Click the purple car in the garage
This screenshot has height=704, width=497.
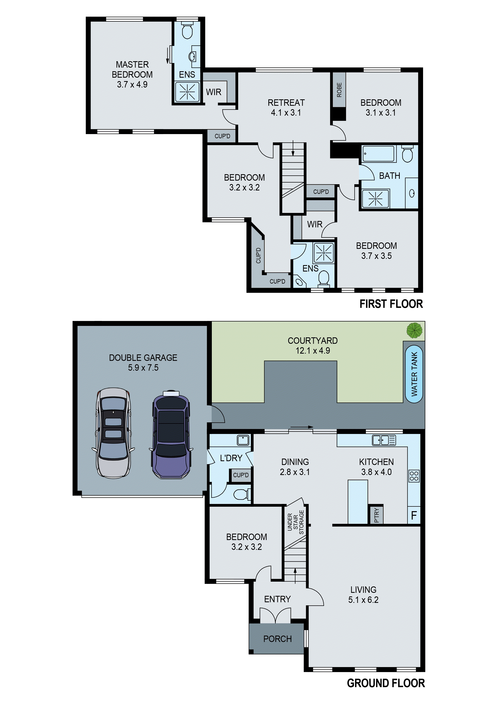pos(171,434)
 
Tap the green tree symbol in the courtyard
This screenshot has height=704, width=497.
pos(414,330)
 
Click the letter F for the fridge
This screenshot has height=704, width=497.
pos(414,515)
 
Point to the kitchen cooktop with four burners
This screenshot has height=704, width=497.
pos(414,476)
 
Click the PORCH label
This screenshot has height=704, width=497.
pos(277,639)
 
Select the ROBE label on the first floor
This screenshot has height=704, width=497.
pos(339,90)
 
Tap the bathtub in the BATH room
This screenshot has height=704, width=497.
pos(379,154)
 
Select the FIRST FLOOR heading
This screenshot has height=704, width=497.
pos(391,304)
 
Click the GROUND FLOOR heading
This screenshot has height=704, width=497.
pos(386,683)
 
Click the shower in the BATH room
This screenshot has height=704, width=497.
pos(375,198)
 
